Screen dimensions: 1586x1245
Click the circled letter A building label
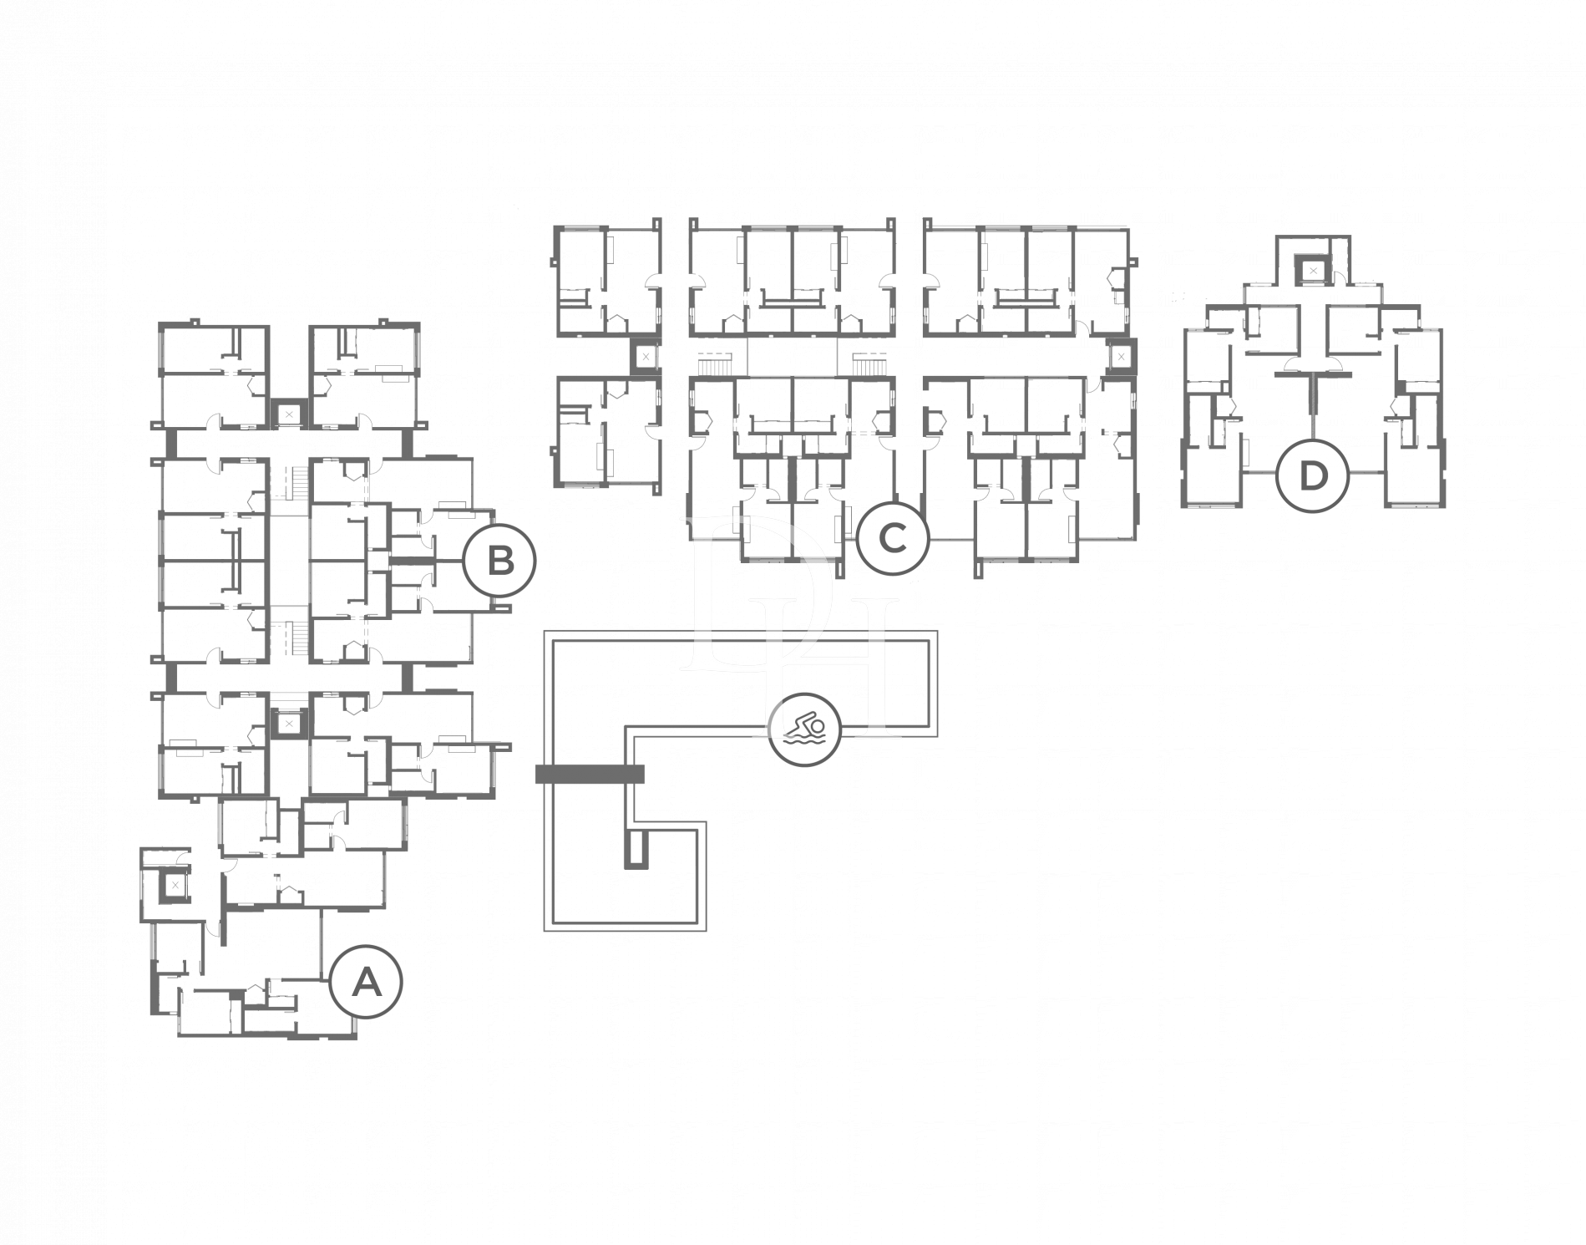[366, 981]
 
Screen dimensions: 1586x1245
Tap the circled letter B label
[499, 561]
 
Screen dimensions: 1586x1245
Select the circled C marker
[893, 538]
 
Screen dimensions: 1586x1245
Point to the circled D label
[1313, 475]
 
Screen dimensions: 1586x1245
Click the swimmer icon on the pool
[804, 729]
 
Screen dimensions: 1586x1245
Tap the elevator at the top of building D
[1313, 271]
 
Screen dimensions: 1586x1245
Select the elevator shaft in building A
[174, 884]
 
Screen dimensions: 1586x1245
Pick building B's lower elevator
[289, 723]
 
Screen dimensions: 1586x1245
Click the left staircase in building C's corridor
[715, 364]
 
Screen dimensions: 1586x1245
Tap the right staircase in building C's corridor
[869, 364]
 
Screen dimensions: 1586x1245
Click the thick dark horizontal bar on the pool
[590, 774]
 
